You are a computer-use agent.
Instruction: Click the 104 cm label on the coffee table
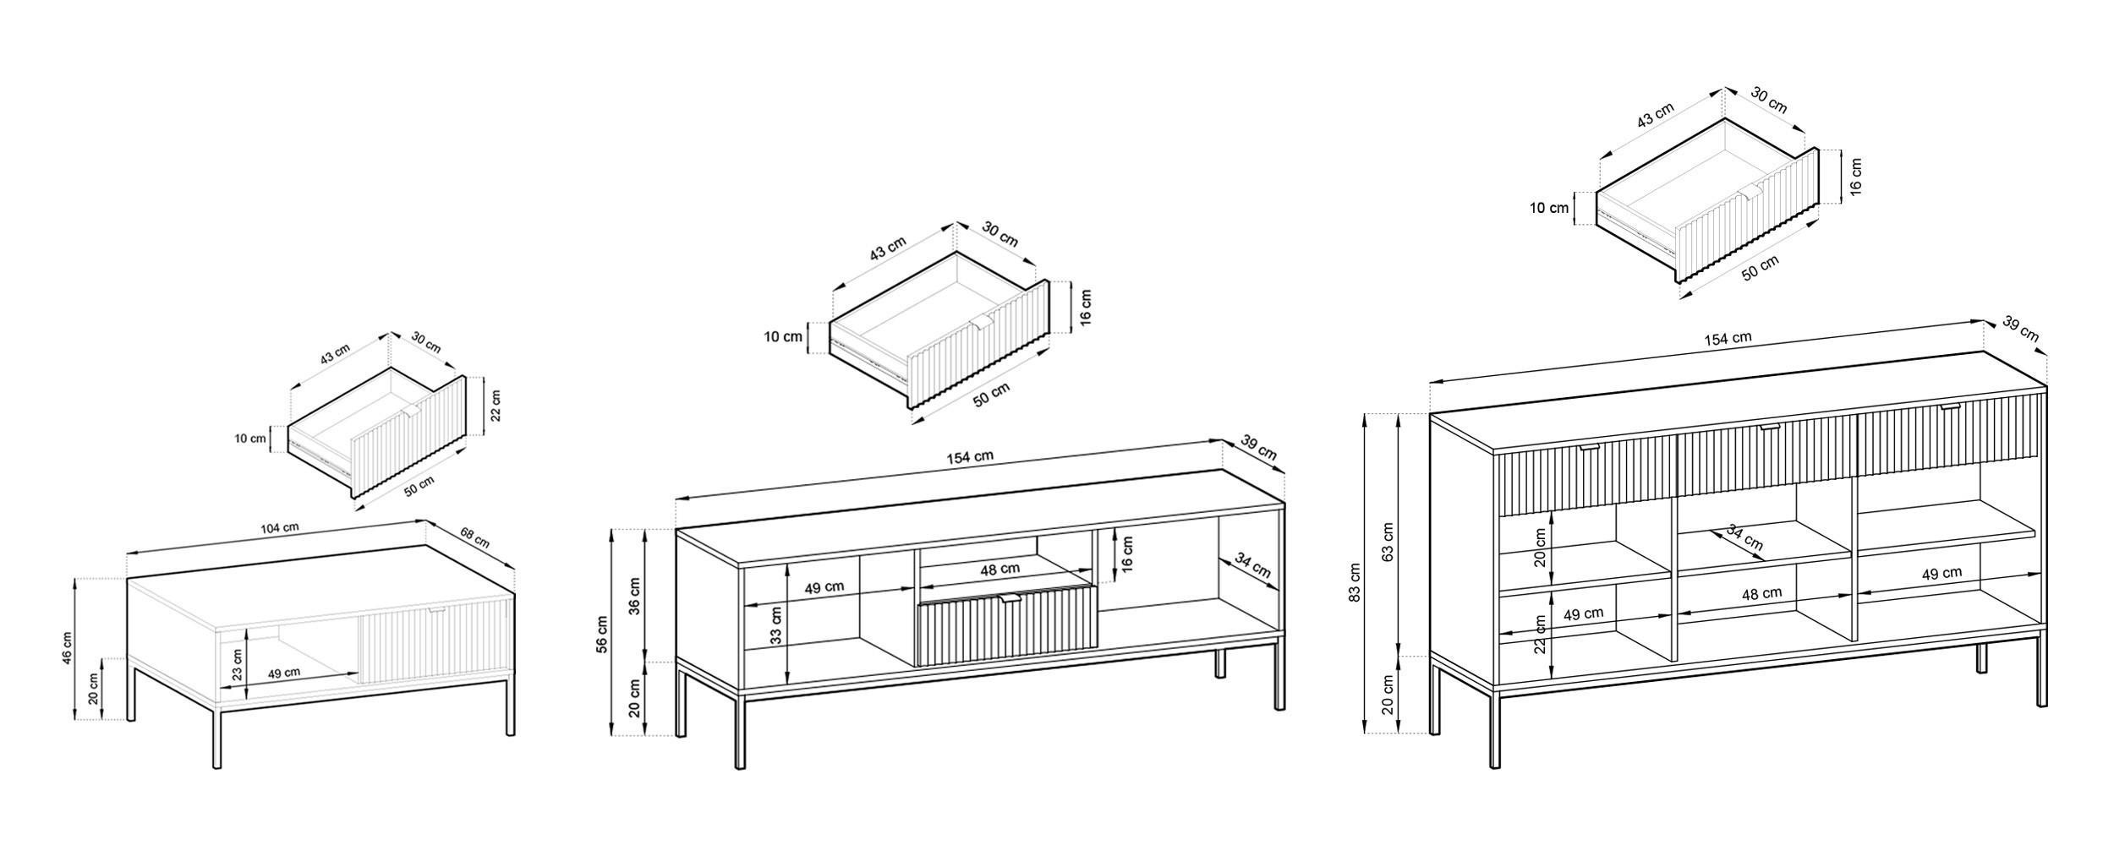(x=279, y=528)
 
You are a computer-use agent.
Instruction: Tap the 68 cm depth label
(x=474, y=537)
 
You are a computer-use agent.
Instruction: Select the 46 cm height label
(x=68, y=647)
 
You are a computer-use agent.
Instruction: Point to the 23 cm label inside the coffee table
(x=238, y=665)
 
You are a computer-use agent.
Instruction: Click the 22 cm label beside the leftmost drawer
(x=496, y=405)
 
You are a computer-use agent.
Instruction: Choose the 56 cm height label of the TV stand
(x=602, y=634)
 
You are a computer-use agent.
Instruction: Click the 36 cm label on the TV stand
(x=635, y=595)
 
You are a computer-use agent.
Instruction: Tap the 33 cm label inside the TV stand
(x=776, y=626)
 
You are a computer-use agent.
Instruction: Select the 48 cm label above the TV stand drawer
(x=999, y=570)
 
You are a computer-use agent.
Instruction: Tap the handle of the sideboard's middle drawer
(x=1769, y=428)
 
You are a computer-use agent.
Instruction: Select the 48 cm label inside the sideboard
(x=1761, y=594)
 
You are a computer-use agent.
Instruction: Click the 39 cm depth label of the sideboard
(x=2021, y=330)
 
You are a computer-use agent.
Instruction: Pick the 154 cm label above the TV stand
(x=970, y=456)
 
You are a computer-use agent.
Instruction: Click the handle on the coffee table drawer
(x=436, y=608)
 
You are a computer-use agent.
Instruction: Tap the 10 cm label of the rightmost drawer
(x=1548, y=208)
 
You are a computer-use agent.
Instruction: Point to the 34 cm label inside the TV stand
(x=1253, y=565)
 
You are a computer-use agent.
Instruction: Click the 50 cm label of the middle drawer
(x=991, y=395)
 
